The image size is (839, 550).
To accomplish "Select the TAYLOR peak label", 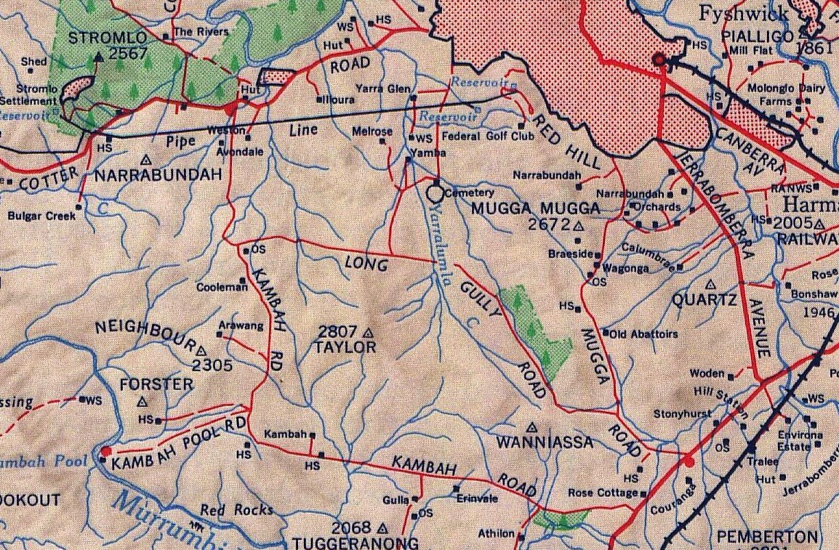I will point(345,347).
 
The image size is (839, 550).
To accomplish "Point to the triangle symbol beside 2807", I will point(368,333).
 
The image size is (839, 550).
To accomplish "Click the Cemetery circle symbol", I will point(435,193).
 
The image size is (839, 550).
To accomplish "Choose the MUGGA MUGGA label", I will point(536,209).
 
